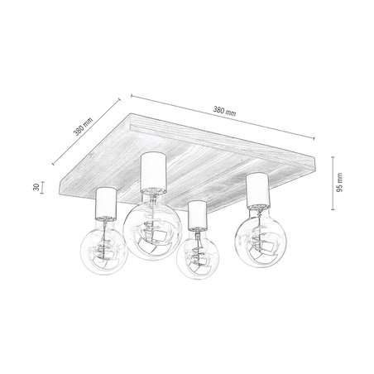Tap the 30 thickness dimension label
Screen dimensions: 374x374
click(x=37, y=186)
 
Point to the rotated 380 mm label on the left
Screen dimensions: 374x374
click(x=82, y=124)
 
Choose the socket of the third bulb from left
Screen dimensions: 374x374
click(x=198, y=215)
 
